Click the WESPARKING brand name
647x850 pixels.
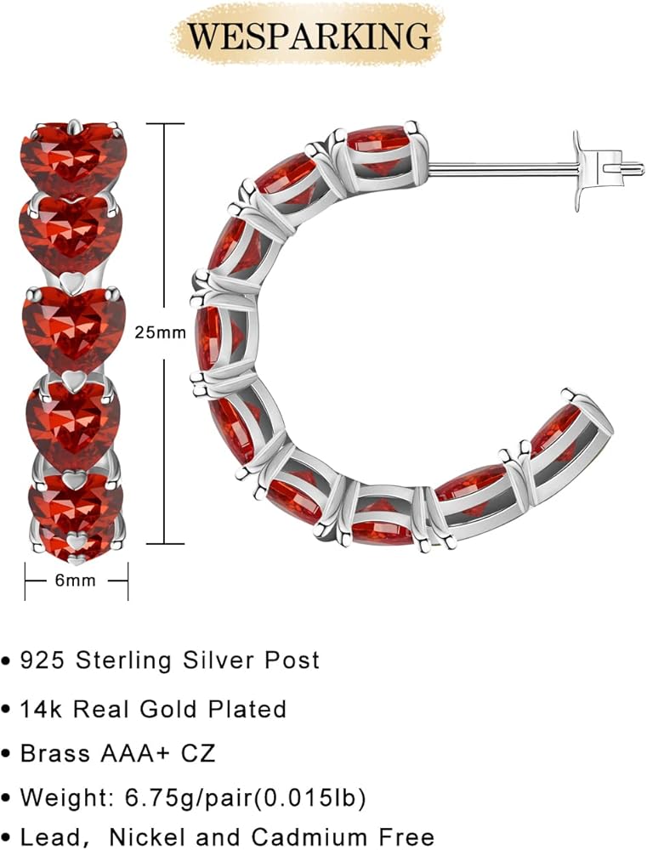[x=309, y=36]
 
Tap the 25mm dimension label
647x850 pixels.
[x=161, y=332]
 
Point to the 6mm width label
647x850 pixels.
[x=76, y=581]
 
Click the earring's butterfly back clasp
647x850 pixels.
[x=606, y=172]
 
